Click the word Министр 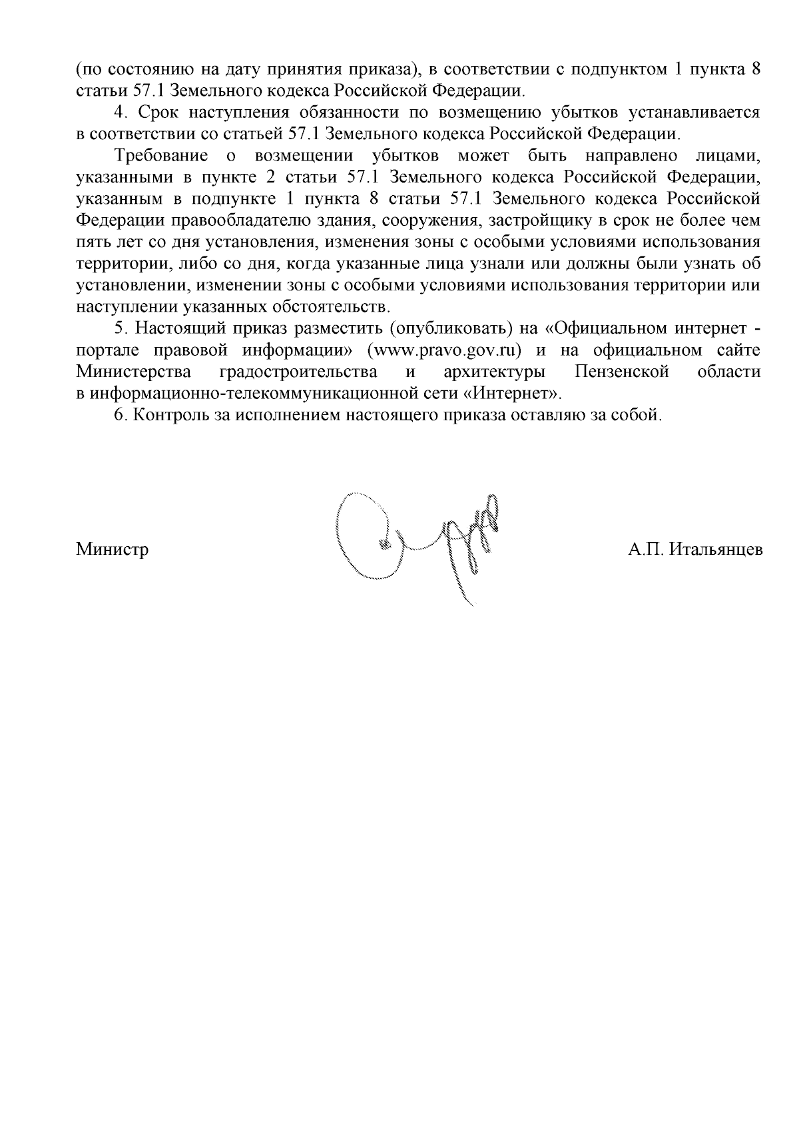click(x=112, y=550)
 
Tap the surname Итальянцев click(x=715, y=550)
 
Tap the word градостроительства click(x=298, y=372)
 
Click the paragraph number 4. click(x=121, y=113)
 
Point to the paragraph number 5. click(x=120, y=329)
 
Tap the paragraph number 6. click(x=120, y=415)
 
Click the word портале click(x=106, y=350)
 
